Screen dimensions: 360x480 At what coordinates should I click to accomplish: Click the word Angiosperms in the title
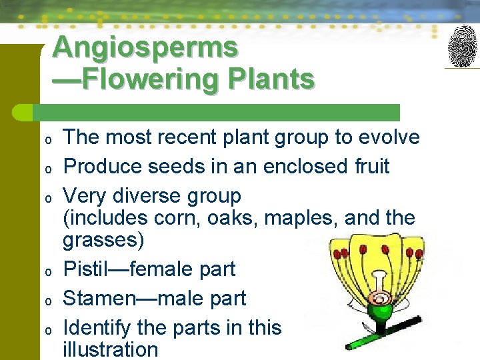(145, 47)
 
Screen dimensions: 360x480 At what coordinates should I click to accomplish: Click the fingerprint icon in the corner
(463, 46)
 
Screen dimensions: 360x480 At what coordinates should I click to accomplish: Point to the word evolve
(389, 137)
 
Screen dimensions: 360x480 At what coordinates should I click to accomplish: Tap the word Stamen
(97, 298)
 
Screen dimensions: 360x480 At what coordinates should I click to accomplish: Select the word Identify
(97, 327)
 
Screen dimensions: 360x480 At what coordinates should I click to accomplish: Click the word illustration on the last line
(110, 349)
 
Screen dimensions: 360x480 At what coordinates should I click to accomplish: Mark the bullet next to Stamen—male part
(48, 300)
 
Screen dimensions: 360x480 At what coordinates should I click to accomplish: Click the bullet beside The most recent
(48, 139)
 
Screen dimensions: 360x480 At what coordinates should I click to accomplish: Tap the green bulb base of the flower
(381, 310)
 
